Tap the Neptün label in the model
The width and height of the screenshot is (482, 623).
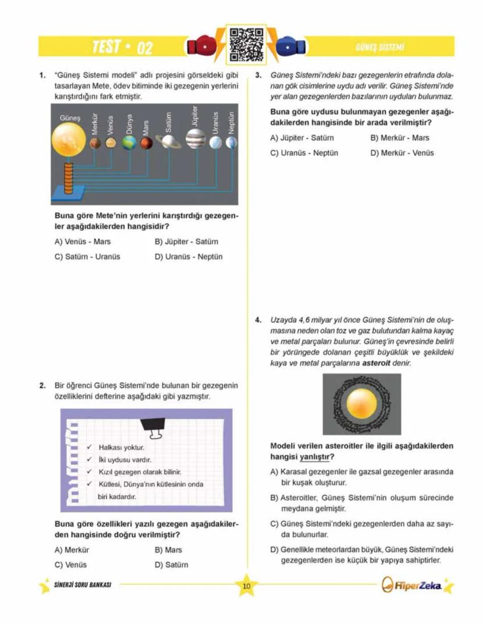coord(231,123)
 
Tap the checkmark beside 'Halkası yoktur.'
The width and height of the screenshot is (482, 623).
coord(90,447)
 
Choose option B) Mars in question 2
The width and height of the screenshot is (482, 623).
coord(168,550)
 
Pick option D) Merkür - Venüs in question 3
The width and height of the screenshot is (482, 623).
coord(402,153)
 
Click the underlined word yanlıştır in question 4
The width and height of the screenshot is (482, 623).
coord(316,456)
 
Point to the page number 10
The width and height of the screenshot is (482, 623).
coord(246,586)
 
